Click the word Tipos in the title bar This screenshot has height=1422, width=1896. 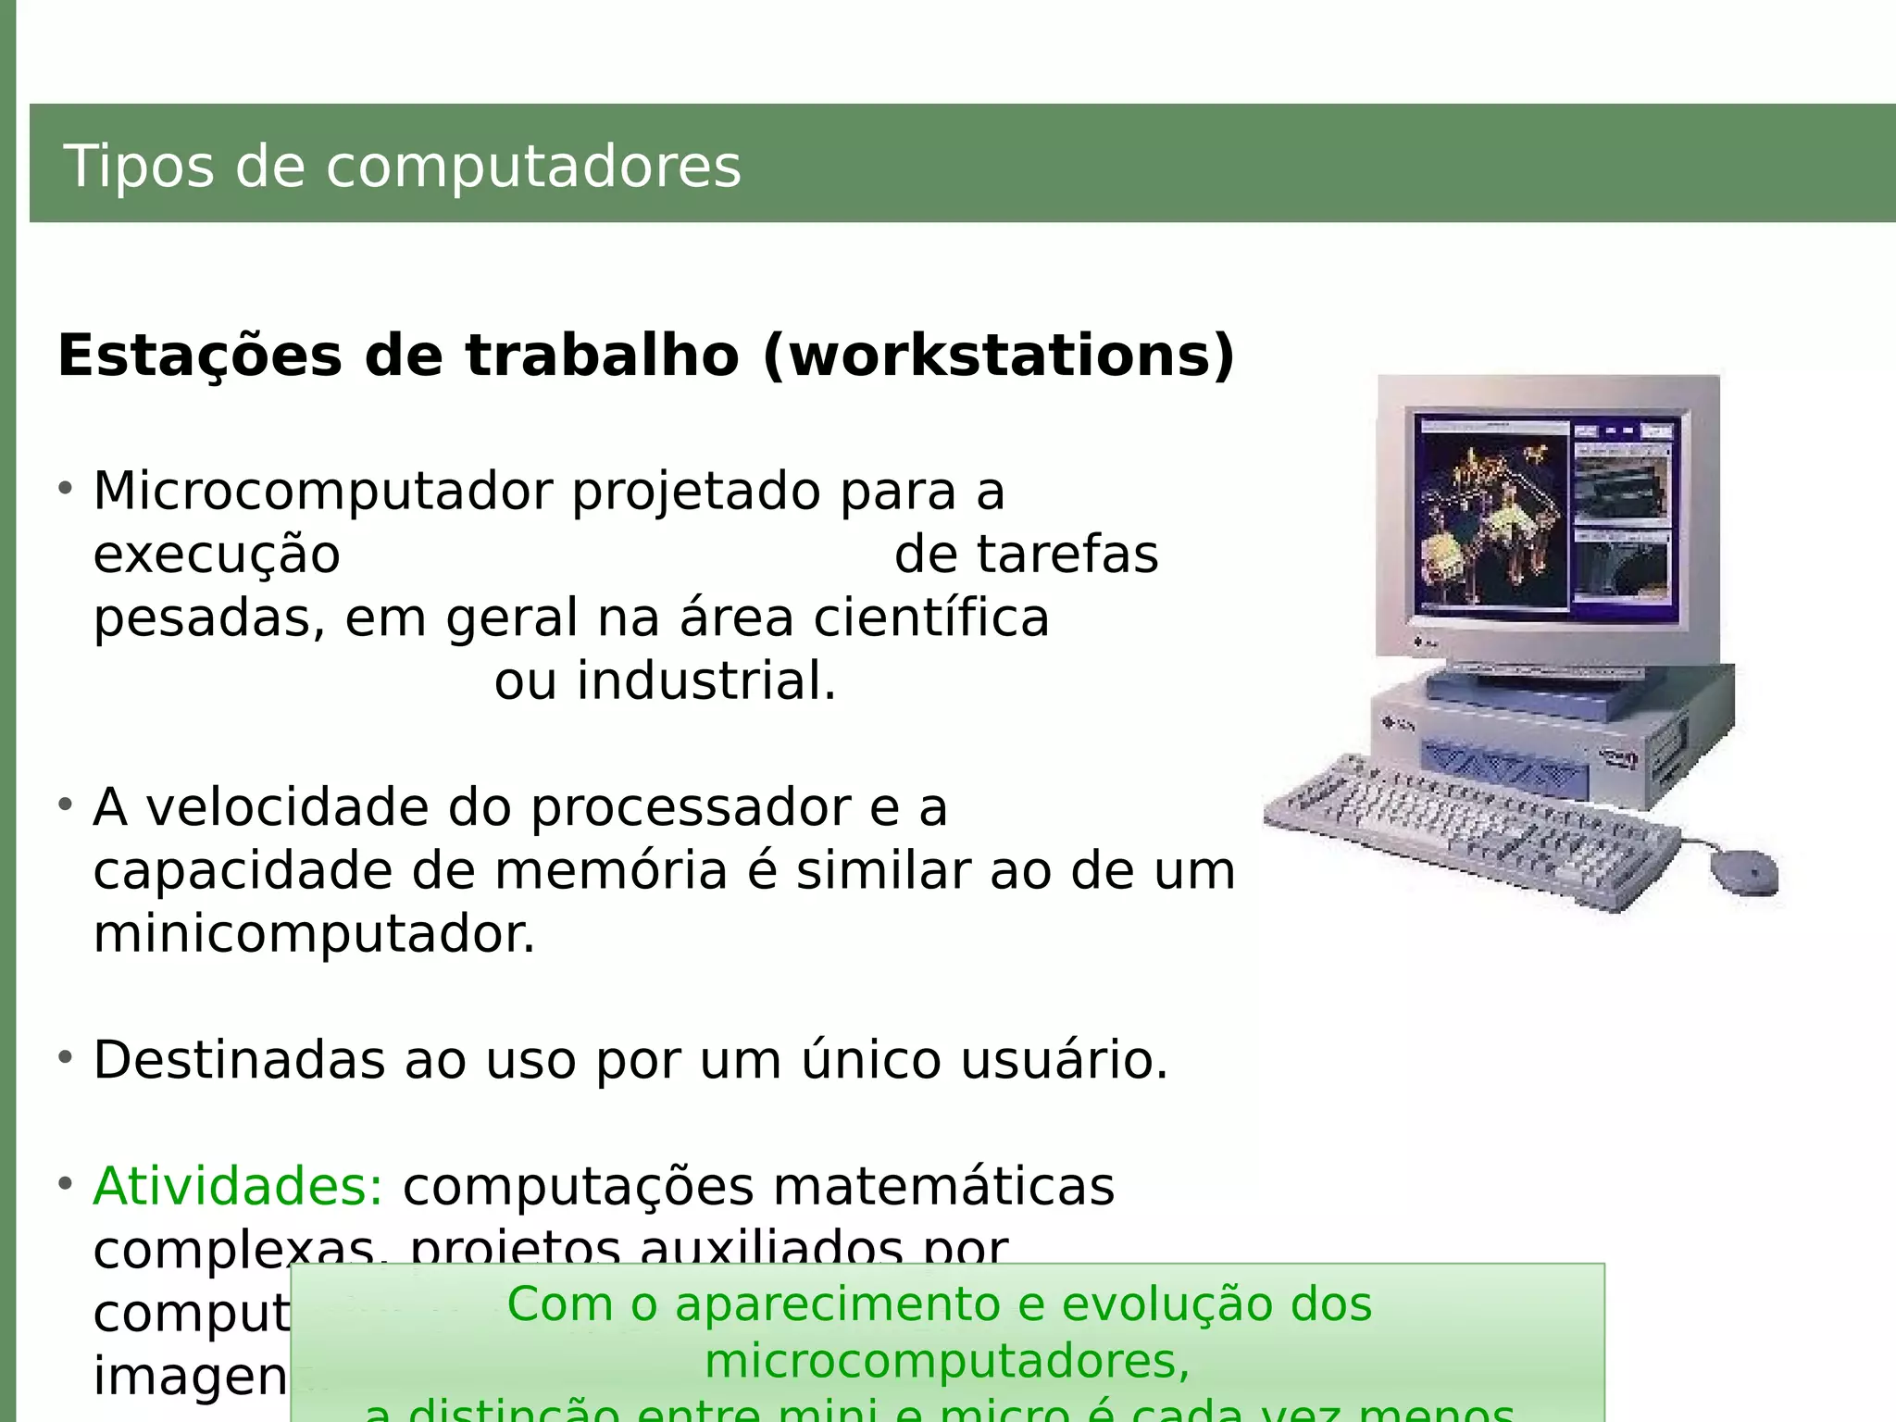coord(138,167)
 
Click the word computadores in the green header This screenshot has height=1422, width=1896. coord(533,168)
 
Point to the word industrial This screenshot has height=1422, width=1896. coord(705,681)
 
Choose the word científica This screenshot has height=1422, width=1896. coord(931,617)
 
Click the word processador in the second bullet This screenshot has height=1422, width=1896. coord(690,807)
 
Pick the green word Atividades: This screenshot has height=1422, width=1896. coord(238,1186)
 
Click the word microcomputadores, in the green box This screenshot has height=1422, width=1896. coord(946,1361)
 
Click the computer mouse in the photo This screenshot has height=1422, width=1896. coord(1744,870)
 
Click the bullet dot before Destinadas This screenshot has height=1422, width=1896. coord(65,1056)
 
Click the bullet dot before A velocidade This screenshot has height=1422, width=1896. coord(65,804)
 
